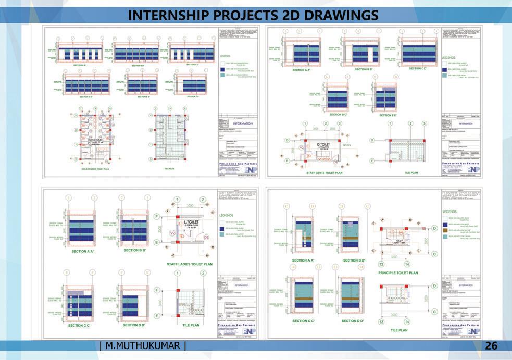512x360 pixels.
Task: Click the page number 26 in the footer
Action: (x=491, y=345)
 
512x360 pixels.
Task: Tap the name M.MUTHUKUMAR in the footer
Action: (x=142, y=345)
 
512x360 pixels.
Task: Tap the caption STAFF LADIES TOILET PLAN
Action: (x=190, y=264)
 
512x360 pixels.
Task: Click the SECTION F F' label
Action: (x=193, y=97)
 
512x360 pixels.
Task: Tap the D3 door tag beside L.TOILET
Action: (x=206, y=238)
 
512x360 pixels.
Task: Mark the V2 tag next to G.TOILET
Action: (x=301, y=147)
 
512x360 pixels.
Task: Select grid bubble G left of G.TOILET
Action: (x=286, y=140)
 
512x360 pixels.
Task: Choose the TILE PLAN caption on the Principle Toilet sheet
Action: (x=398, y=330)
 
